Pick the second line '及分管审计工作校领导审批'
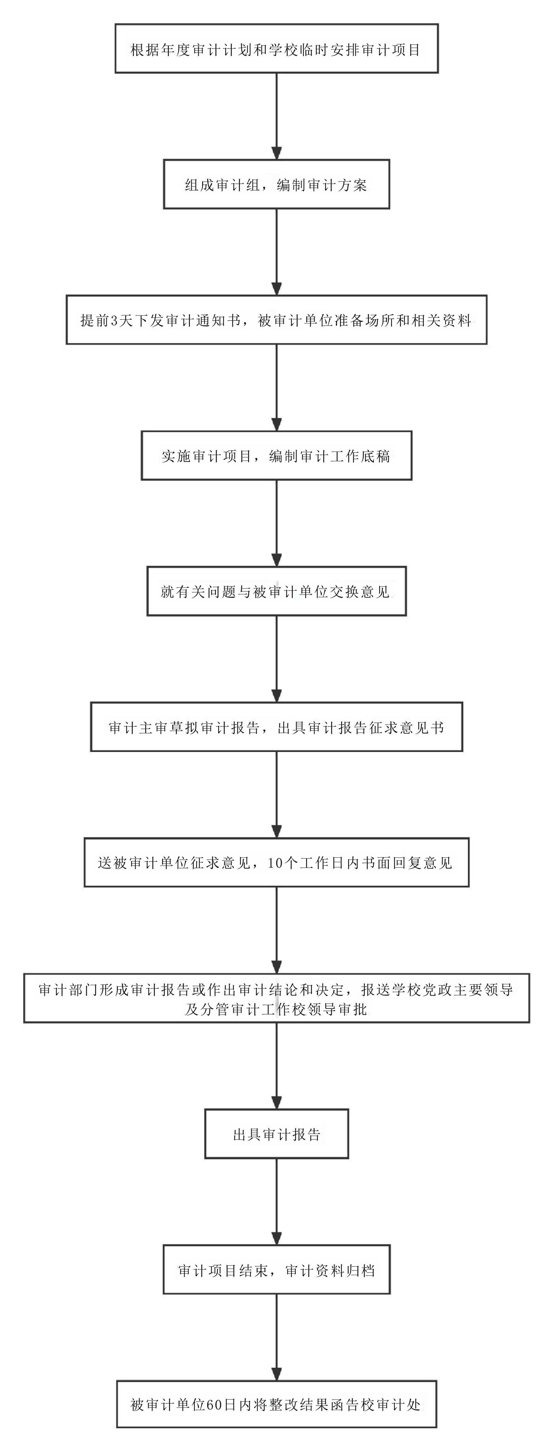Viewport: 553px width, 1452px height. pos(276,1009)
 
